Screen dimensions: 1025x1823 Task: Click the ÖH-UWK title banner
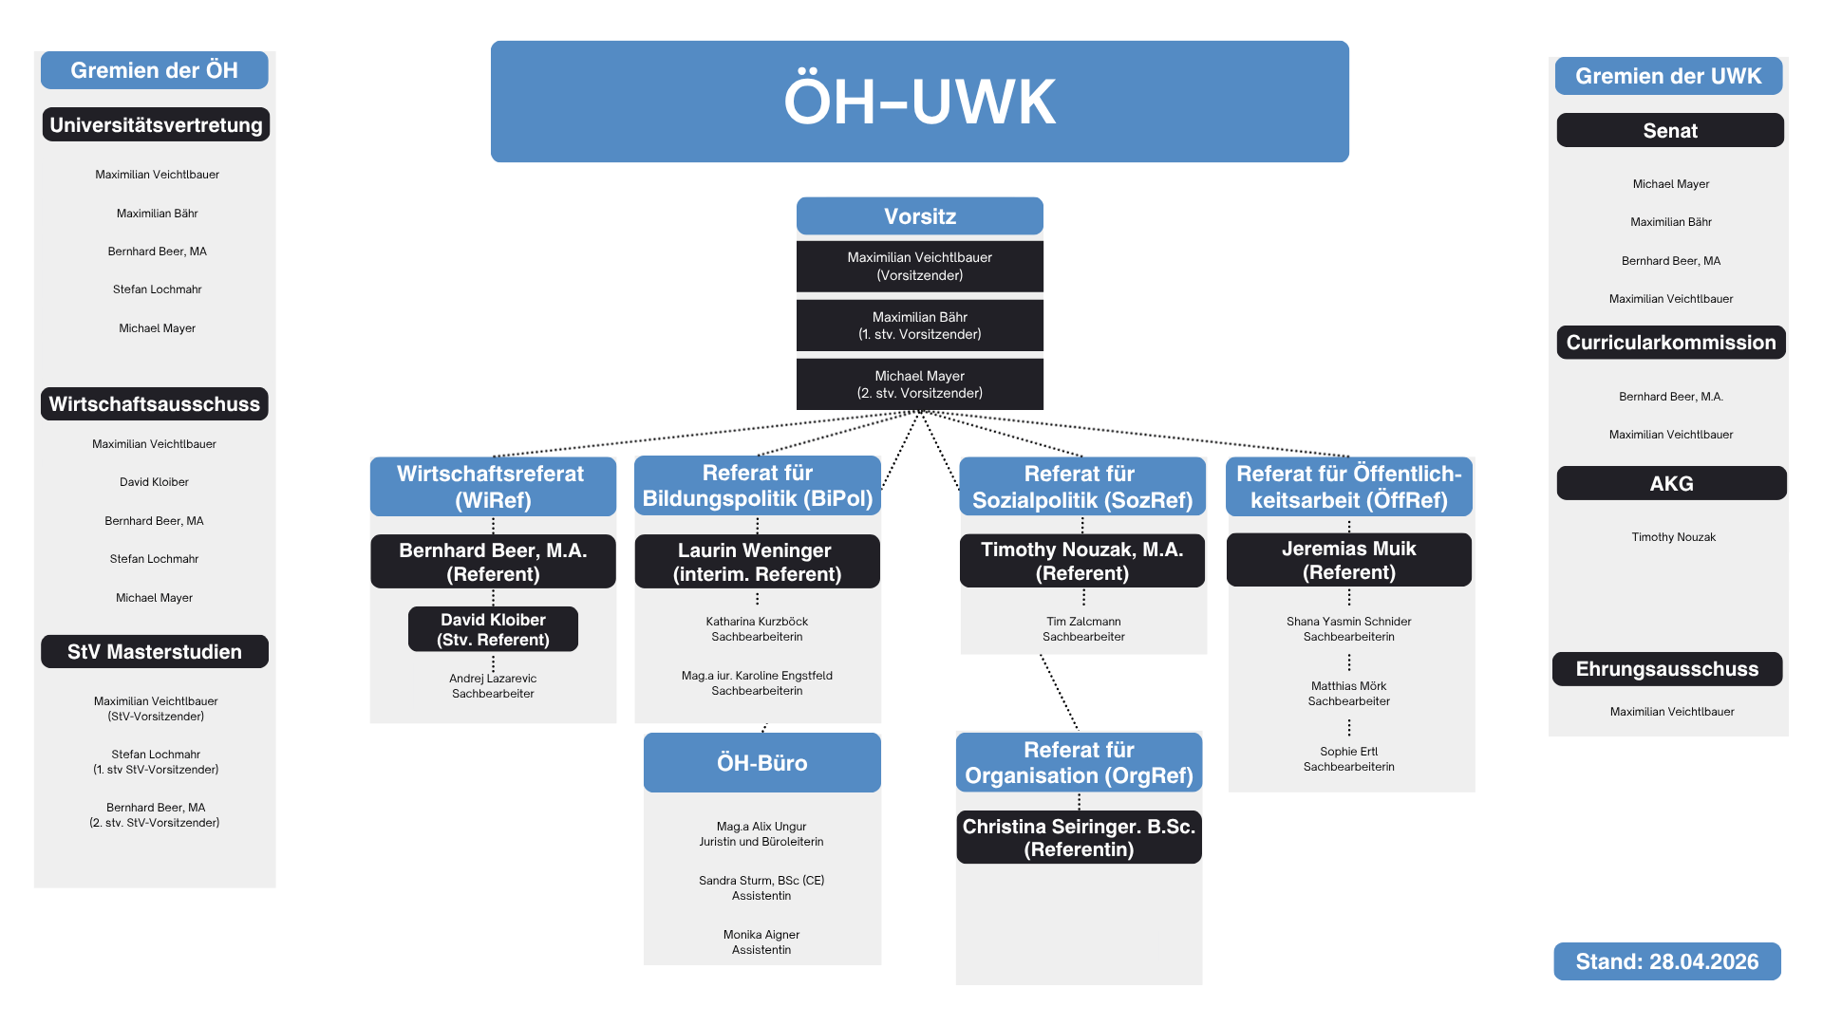pyautogui.click(x=919, y=102)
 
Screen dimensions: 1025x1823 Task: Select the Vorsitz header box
pyautogui.click(x=919, y=216)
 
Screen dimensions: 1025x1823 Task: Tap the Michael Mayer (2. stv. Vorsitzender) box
pyautogui.click(x=919, y=384)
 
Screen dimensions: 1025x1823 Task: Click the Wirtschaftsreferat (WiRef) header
pyautogui.click(x=492, y=487)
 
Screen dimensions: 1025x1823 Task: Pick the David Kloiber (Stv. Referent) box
pyautogui.click(x=493, y=629)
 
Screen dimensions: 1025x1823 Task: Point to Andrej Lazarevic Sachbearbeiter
pyautogui.click(x=493, y=686)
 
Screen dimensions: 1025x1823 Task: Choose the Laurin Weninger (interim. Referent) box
pyautogui.click(x=757, y=562)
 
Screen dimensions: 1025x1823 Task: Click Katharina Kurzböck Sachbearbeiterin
pyautogui.click(x=757, y=629)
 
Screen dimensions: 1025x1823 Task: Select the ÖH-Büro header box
pyautogui.click(x=761, y=763)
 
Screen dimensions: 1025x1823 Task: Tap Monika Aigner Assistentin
pyautogui.click(x=761, y=942)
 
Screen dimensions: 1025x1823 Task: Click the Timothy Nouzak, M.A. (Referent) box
pyautogui.click(x=1081, y=561)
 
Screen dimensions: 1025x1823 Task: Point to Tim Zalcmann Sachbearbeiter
pyautogui.click(x=1083, y=629)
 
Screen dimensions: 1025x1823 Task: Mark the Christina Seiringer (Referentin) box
pyautogui.click(x=1079, y=837)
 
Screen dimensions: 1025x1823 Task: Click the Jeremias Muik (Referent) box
pyautogui.click(x=1348, y=560)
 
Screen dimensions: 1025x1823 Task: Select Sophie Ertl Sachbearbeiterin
pyautogui.click(x=1348, y=759)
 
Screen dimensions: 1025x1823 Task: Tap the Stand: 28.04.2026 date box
pyautogui.click(x=1666, y=961)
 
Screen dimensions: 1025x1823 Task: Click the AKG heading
pyautogui.click(x=1671, y=484)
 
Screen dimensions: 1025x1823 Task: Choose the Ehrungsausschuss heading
pyautogui.click(x=1666, y=669)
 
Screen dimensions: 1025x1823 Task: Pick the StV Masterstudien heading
pyautogui.click(x=155, y=652)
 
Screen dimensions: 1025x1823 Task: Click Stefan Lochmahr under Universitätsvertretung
pyautogui.click(x=158, y=289)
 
